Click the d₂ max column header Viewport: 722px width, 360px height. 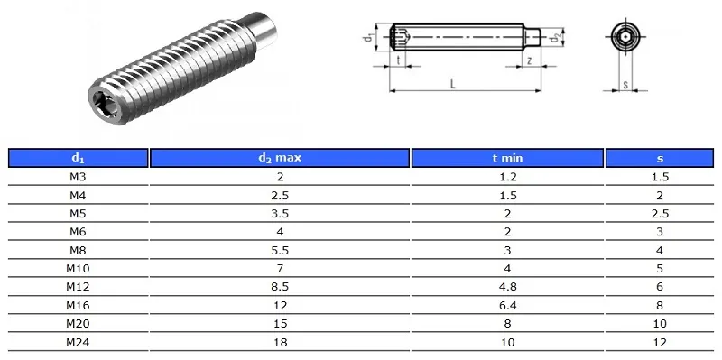(x=280, y=158)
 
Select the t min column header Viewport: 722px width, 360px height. (x=507, y=158)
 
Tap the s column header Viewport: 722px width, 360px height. (x=660, y=158)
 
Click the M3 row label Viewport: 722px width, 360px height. (x=78, y=177)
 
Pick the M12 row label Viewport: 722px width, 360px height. (x=78, y=287)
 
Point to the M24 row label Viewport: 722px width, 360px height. (x=78, y=342)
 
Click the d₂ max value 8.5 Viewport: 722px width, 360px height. (x=280, y=287)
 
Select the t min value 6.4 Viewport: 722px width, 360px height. (x=507, y=305)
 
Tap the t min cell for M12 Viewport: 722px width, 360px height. (x=507, y=287)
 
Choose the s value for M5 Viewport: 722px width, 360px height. (x=660, y=214)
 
